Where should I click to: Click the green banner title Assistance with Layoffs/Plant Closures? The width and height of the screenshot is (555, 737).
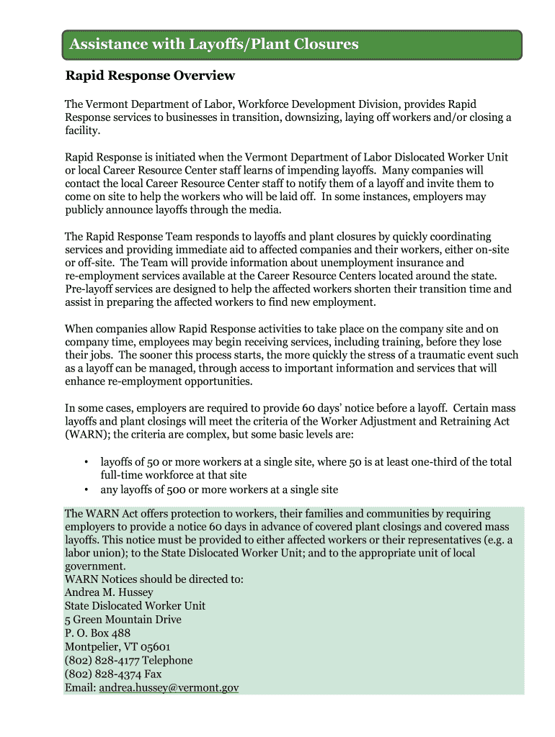click(213, 45)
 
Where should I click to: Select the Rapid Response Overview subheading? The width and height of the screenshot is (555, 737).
click(150, 76)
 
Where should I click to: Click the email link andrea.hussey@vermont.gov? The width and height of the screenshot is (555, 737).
click(169, 688)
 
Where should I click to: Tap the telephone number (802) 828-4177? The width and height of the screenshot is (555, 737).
click(102, 661)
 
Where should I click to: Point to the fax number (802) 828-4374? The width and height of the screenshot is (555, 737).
click(102, 674)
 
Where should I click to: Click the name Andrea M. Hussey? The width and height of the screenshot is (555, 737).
click(109, 592)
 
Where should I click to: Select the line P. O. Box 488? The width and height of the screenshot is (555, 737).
click(97, 633)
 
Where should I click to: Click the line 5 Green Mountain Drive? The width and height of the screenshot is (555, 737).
click(123, 620)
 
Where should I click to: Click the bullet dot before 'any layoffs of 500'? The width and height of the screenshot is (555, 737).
click(86, 490)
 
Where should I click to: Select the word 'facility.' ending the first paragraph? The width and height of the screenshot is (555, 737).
click(83, 132)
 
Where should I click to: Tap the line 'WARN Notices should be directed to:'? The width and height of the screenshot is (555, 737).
click(154, 579)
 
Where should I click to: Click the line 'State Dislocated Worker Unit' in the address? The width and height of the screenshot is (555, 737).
click(135, 606)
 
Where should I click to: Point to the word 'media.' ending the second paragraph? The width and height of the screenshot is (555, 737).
click(264, 210)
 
